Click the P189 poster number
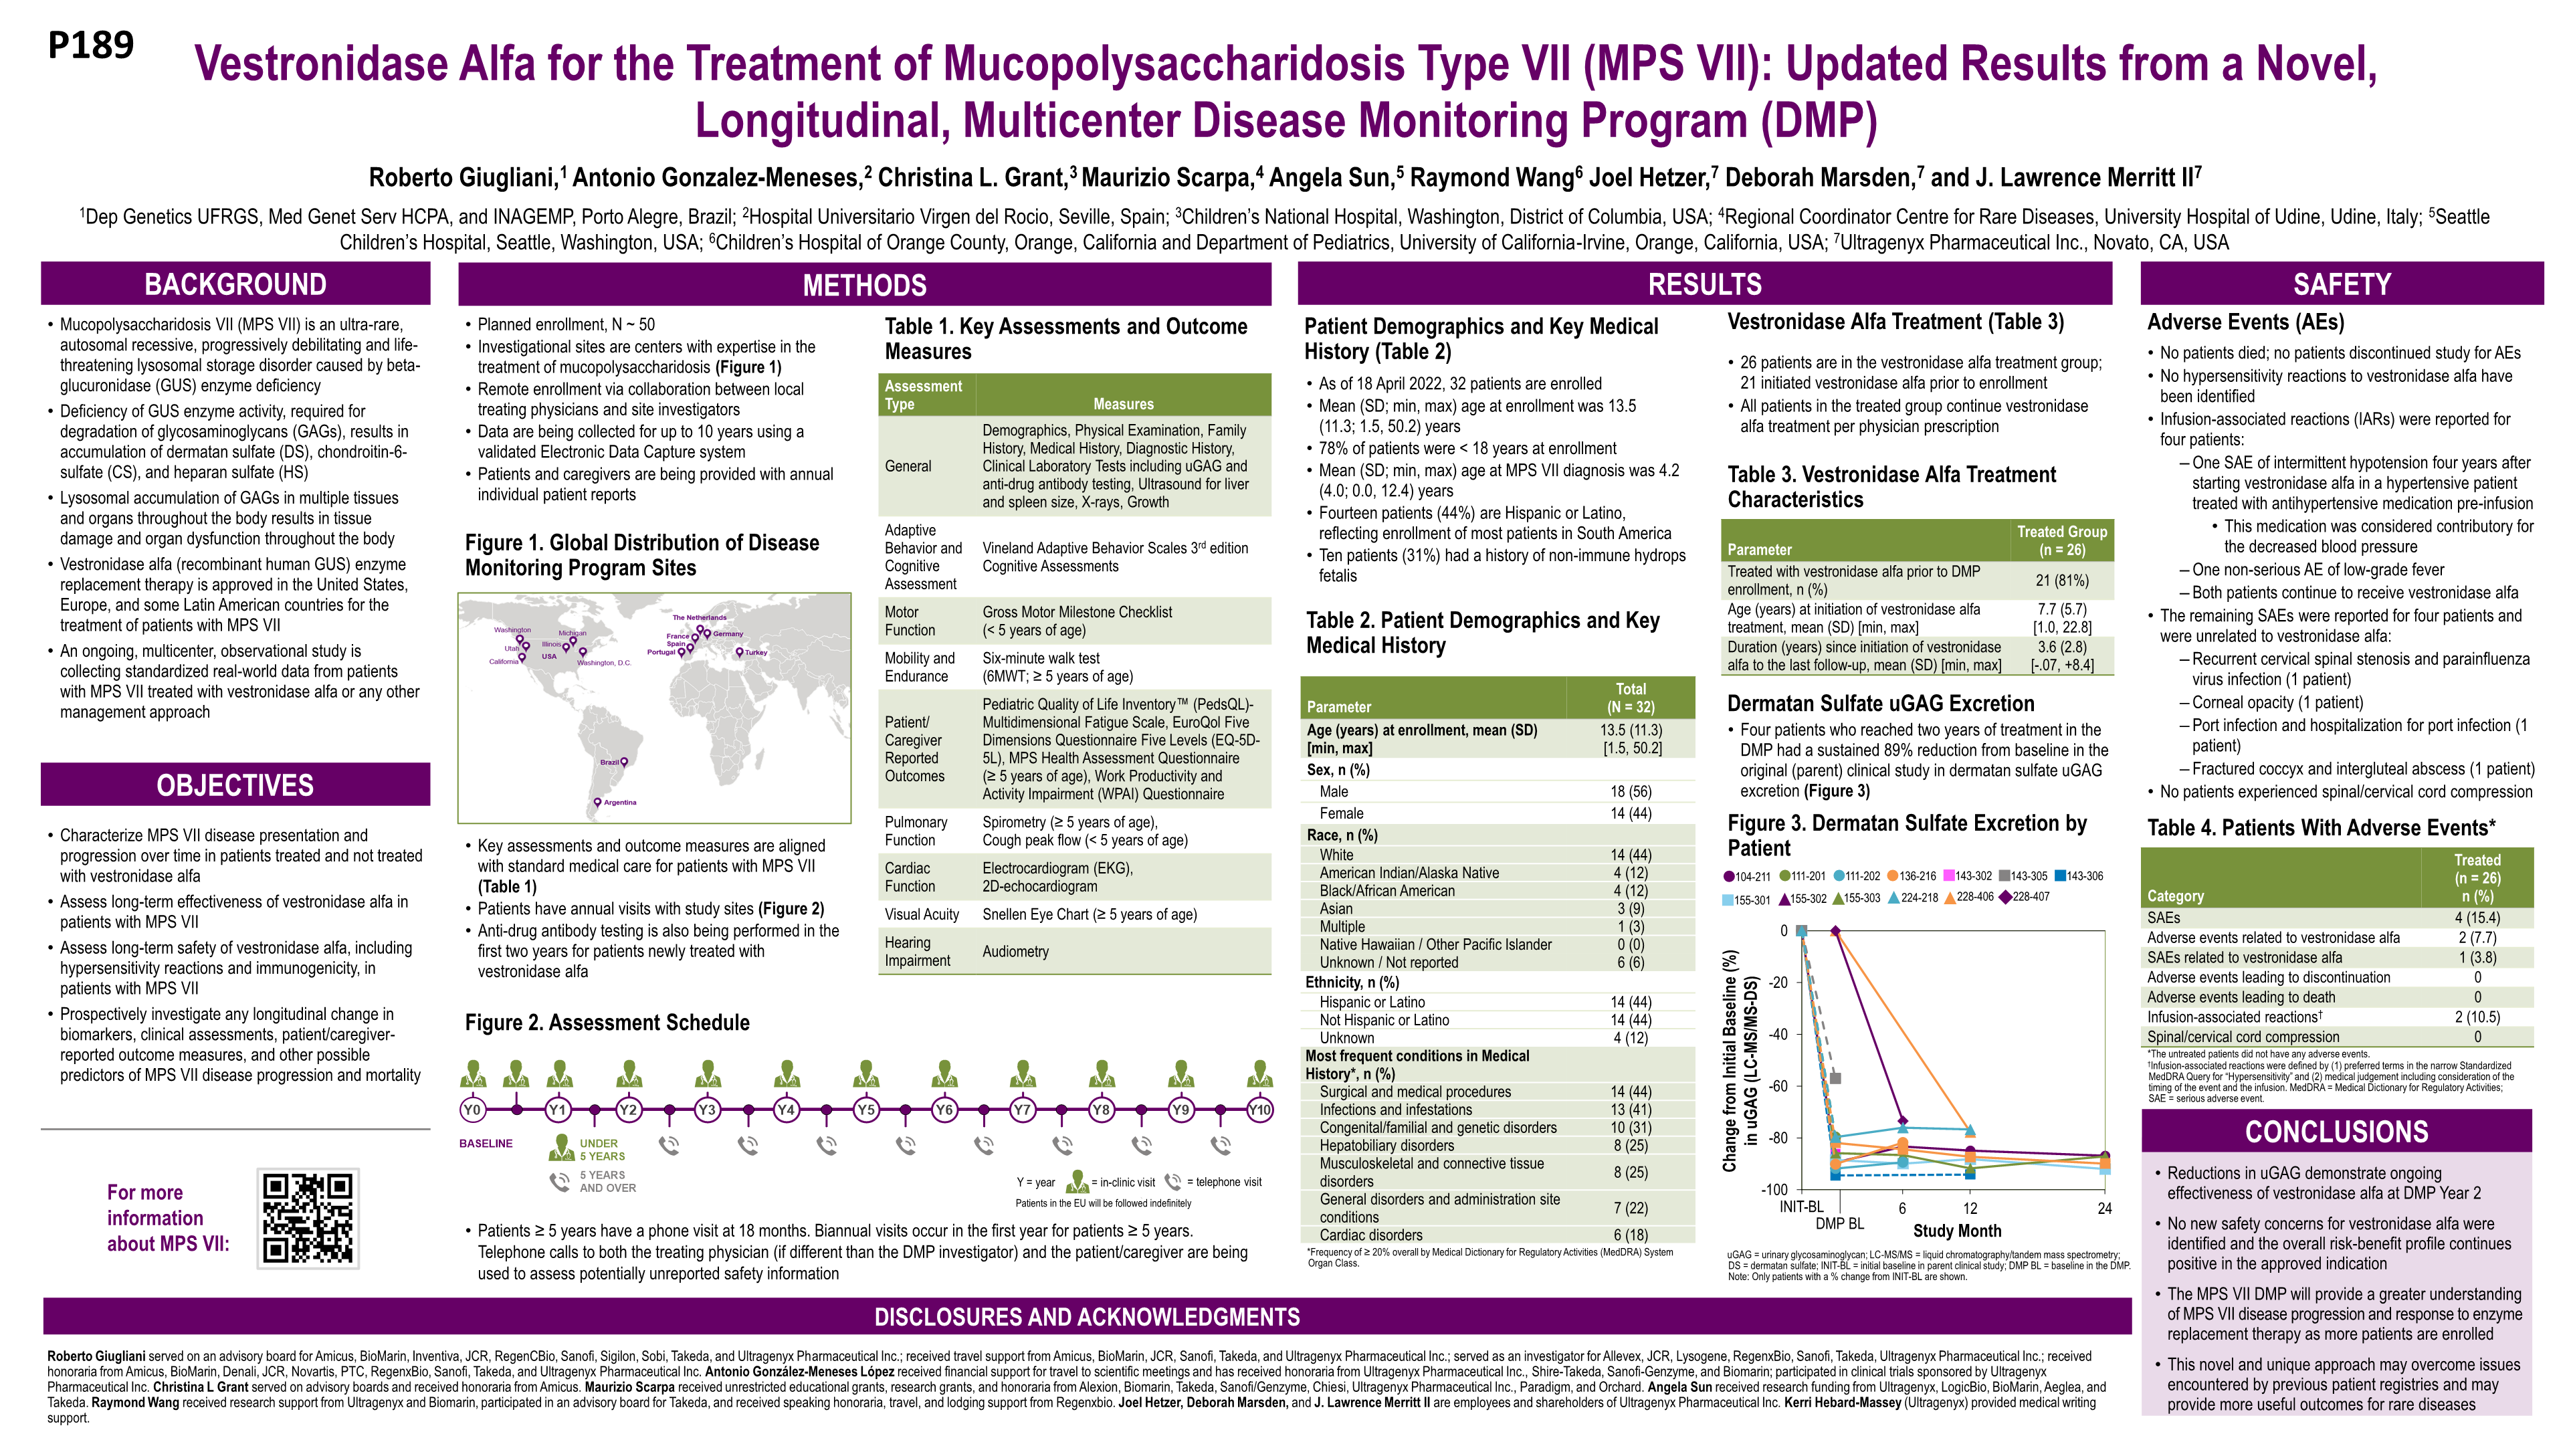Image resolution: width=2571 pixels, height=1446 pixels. (91, 45)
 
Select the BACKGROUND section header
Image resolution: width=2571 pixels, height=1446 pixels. (235, 284)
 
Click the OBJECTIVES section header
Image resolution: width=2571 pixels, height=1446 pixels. (235, 785)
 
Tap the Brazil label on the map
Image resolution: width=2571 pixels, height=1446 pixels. (610, 762)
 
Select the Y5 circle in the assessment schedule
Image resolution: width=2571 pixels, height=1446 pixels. (865, 1110)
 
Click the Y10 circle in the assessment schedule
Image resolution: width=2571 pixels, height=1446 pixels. (1259, 1110)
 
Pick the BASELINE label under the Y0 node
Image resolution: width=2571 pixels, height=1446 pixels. (486, 1144)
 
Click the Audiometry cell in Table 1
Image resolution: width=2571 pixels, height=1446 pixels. (1015, 952)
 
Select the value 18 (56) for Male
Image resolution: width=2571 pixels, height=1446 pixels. (1631, 791)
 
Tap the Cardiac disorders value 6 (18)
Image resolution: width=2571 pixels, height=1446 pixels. (1631, 1235)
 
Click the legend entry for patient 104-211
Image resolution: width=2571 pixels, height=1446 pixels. (1746, 876)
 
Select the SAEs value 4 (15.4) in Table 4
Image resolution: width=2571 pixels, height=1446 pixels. (2477, 918)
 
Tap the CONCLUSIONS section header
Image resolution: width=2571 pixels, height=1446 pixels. (2336, 1132)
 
